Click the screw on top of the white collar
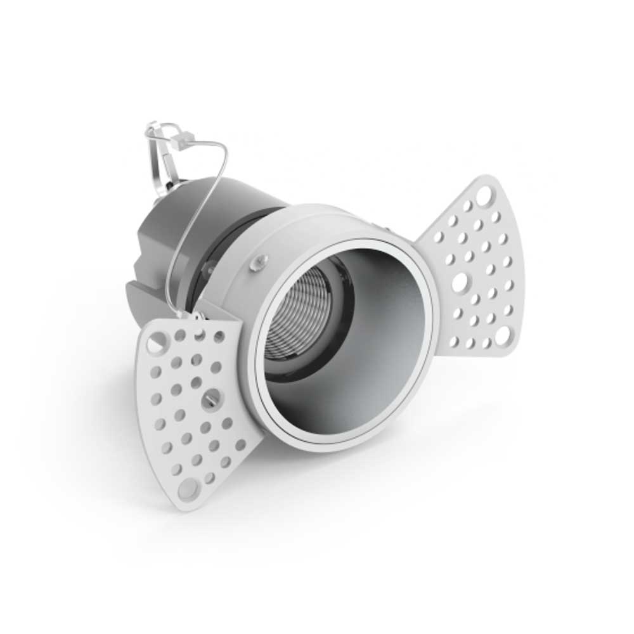tap(259, 261)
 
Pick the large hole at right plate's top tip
tap(484, 191)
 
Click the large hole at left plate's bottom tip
tap(187, 488)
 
